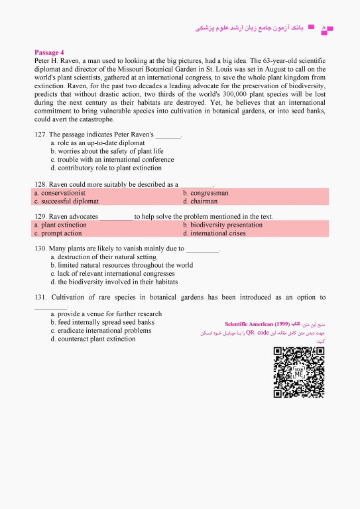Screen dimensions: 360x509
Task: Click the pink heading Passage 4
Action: click(48, 52)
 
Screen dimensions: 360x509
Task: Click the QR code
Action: click(298, 372)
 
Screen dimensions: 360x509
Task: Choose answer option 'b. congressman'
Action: click(206, 193)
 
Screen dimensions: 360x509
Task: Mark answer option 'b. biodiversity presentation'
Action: click(222, 225)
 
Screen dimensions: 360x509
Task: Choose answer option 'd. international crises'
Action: click(213, 233)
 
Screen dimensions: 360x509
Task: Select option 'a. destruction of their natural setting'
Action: click(103, 256)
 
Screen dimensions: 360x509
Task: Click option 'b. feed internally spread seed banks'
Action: click(102, 322)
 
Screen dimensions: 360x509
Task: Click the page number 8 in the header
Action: click(323, 28)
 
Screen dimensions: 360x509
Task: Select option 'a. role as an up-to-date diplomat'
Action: click(97, 143)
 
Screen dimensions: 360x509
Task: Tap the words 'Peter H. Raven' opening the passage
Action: click(56, 60)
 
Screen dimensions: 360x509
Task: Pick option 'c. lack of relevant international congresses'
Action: click(113, 273)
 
